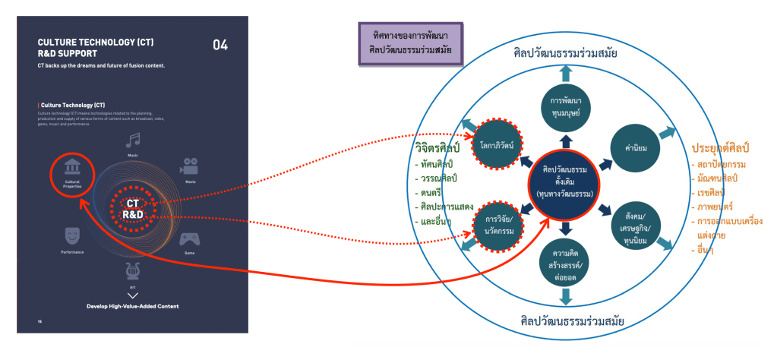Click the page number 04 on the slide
220,45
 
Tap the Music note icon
134,141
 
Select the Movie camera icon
188,166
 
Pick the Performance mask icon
73,232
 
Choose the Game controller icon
188,238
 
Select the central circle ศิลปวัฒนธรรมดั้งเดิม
564,181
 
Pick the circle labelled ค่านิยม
632,148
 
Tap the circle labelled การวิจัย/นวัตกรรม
496,224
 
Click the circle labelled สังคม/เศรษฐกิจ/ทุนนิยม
632,219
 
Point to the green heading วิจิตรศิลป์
438,147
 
